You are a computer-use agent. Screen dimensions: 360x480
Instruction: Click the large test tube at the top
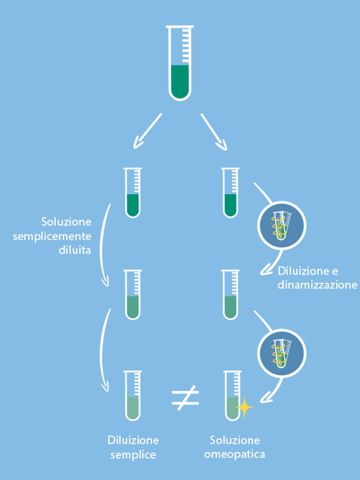pos(180,63)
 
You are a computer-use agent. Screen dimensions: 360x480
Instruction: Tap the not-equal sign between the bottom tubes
pos(185,397)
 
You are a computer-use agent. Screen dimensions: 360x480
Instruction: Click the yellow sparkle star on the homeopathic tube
pos(244,407)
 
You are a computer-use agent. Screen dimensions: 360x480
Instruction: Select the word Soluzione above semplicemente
pos(66,222)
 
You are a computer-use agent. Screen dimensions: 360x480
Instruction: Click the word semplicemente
pos(52,236)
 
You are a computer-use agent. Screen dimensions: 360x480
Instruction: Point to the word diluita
pos(75,250)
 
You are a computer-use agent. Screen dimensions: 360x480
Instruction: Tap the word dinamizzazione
pos(317,285)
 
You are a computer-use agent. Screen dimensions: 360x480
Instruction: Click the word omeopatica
pos(235,454)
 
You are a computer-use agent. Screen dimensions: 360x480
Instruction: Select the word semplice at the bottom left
pos(133,455)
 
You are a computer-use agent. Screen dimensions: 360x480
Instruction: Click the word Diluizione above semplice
pos(133,440)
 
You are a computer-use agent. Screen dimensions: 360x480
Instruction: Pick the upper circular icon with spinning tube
pos(282,226)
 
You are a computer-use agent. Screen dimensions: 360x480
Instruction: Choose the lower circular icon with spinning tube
pos(282,354)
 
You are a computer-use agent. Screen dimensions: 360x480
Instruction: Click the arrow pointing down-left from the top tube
pos(147,131)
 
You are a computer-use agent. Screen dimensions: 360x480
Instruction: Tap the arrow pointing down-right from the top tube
pos(214,131)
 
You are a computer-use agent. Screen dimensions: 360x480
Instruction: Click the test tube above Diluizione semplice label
pos(133,396)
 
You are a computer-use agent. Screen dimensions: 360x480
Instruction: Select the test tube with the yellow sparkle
pos(232,396)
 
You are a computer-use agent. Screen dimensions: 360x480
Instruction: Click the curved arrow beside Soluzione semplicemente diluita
pos(102,245)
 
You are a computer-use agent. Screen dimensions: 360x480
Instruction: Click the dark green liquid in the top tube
pos(180,82)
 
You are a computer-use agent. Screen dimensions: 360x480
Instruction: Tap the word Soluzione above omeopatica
pos(235,440)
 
